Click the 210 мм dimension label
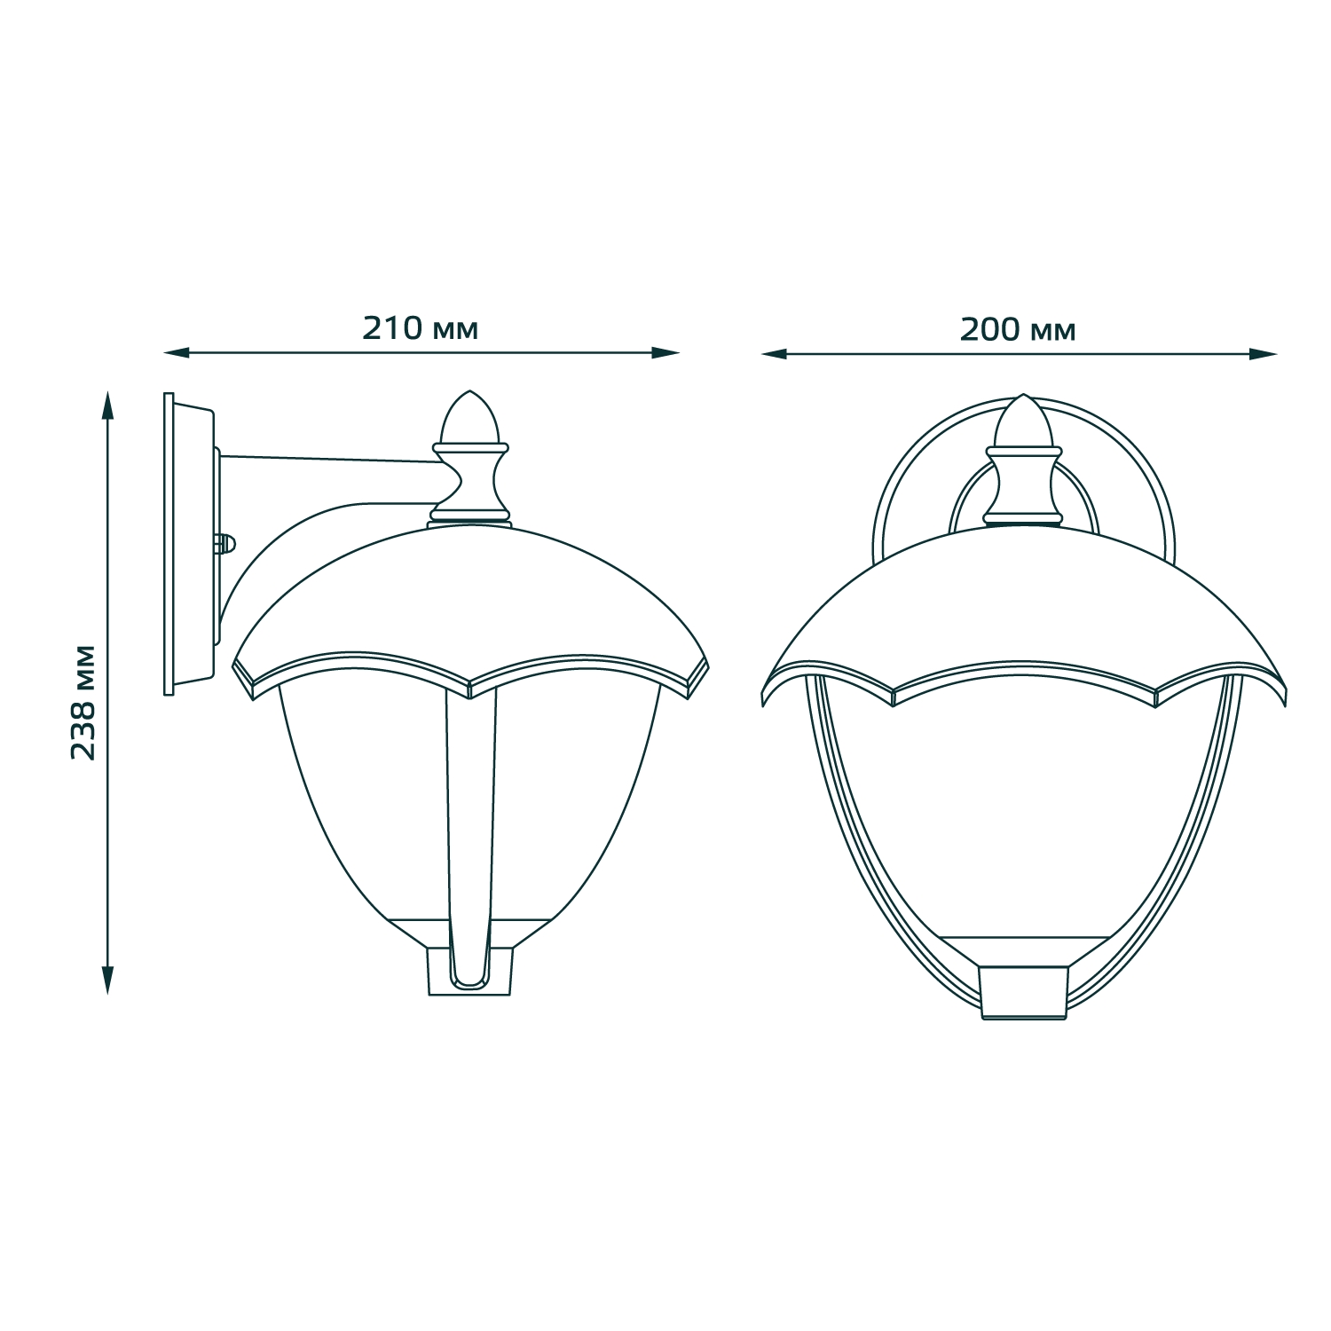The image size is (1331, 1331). point(420,328)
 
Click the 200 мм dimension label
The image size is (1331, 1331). point(1018,329)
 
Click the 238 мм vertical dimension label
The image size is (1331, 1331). point(83,701)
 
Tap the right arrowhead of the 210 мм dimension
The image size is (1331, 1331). point(665,353)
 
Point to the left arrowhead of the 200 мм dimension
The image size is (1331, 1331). point(776,354)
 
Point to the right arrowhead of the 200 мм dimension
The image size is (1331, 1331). point(1263,354)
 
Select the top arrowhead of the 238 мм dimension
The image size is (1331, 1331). point(108,404)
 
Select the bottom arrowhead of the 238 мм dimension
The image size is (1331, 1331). point(108,980)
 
